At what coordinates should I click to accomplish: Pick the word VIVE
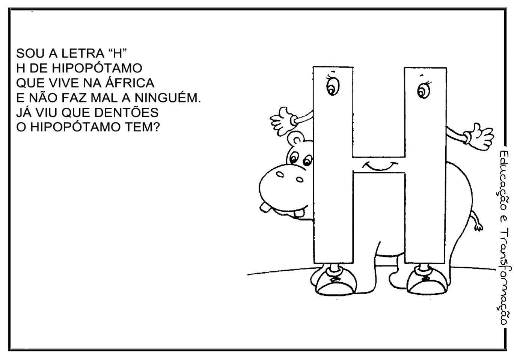pyautogui.click(x=64, y=83)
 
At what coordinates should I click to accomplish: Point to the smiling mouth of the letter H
pyautogui.click(x=380, y=166)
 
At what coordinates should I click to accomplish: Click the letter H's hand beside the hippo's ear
pyautogui.click(x=282, y=119)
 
